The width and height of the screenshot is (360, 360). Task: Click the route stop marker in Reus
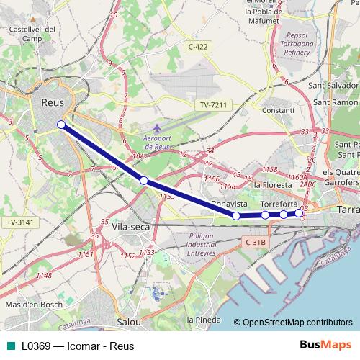point(61,125)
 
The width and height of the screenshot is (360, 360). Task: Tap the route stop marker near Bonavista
point(236,215)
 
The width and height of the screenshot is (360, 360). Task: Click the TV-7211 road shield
point(213,105)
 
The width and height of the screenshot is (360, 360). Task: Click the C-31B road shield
point(256,243)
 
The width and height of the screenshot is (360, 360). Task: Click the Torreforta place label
point(279,204)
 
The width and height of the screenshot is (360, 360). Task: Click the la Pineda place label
point(201,319)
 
